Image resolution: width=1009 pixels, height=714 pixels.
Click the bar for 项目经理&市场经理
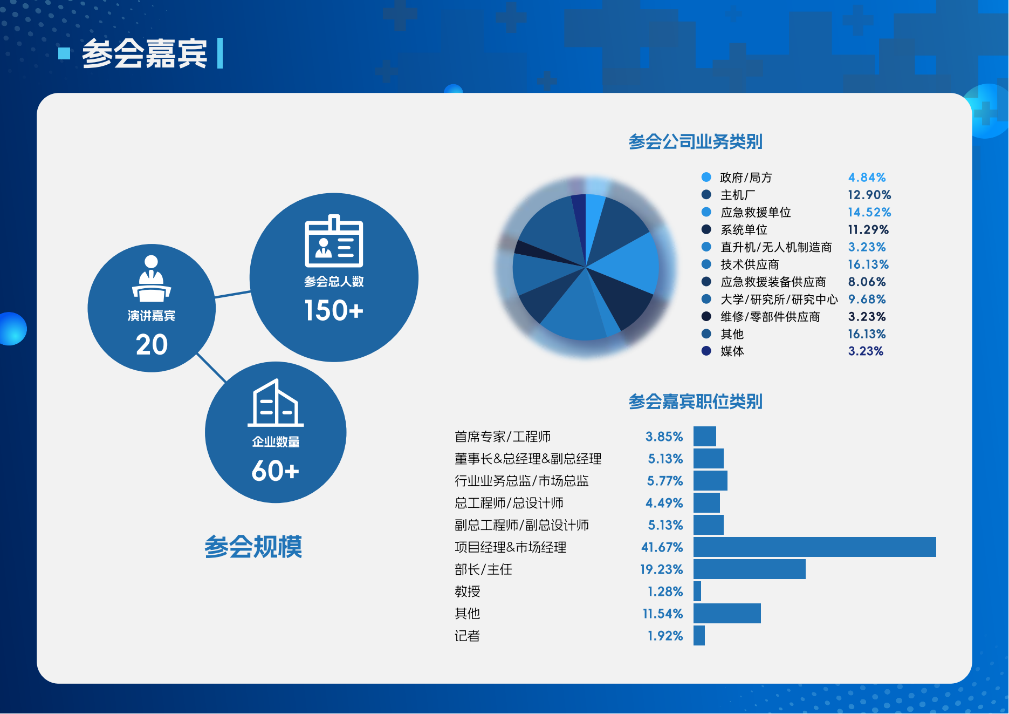[x=814, y=547]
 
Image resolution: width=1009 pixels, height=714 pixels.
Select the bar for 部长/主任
[x=749, y=569]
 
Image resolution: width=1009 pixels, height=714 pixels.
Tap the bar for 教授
[x=697, y=591]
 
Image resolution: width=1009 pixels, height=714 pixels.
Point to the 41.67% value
[x=662, y=547]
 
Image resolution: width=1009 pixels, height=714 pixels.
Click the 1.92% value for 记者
[x=665, y=636]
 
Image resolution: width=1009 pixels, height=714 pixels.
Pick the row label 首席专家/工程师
[x=503, y=437]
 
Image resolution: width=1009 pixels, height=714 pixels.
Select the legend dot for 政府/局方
[x=706, y=177]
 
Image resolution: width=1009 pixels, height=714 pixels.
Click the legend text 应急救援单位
[x=756, y=212]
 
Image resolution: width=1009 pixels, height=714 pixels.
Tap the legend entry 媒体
[x=732, y=351]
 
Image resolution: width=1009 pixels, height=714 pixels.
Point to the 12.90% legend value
[x=869, y=195]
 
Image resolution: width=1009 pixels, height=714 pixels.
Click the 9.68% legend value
[x=867, y=299]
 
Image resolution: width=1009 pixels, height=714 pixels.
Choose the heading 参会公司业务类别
[x=695, y=142]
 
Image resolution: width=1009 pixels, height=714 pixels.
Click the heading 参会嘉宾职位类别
[x=695, y=402]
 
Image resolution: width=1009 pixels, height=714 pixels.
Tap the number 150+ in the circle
[x=334, y=311]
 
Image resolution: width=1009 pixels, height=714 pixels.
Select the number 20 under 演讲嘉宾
[x=152, y=345]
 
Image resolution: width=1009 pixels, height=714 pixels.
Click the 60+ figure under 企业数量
[x=275, y=471]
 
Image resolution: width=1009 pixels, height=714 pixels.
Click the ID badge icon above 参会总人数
[x=334, y=241]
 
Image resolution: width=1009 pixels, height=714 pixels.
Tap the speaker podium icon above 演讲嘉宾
[x=152, y=278]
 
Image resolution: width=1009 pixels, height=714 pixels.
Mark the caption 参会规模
[x=253, y=547]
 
